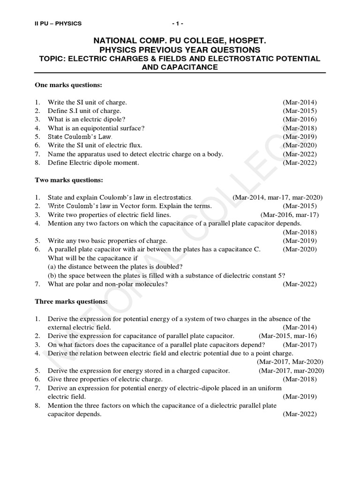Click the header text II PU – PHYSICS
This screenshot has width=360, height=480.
coord(58,23)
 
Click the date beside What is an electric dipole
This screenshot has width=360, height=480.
coord(300,120)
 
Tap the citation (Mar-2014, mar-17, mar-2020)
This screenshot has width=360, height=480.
coord(277,197)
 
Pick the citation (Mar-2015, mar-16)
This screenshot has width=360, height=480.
coord(287,336)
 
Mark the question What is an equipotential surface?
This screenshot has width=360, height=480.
coord(96,128)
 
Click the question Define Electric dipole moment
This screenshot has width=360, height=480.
coord(93,163)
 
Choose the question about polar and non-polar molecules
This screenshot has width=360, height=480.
coord(108,284)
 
